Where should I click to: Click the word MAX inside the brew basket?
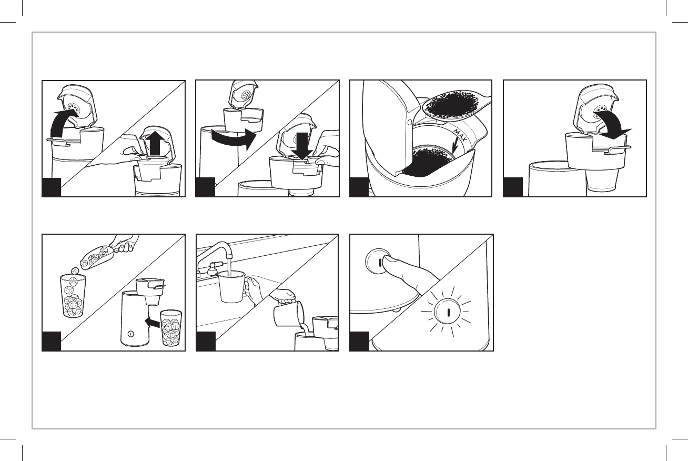click(460, 136)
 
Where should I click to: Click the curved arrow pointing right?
click(234, 138)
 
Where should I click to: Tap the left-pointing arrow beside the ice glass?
click(152, 323)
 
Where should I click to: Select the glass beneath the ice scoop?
click(73, 296)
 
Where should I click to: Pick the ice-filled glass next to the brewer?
click(171, 328)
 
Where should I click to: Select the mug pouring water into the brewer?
click(289, 314)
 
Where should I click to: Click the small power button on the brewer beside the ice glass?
click(131, 334)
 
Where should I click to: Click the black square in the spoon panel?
click(359, 187)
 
